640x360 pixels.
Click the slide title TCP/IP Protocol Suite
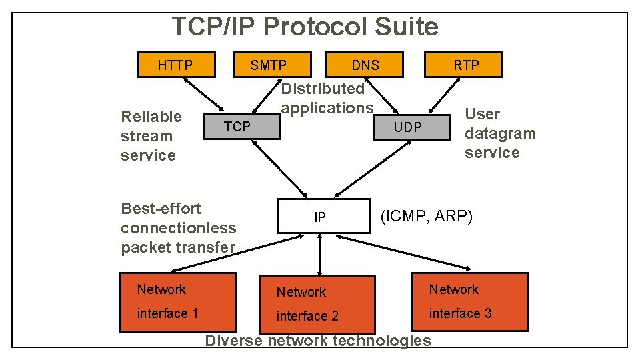click(x=305, y=27)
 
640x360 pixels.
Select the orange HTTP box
click(x=176, y=65)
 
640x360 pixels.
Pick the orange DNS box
click(x=365, y=65)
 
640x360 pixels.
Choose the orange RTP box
click(x=466, y=65)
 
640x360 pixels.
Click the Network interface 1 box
click(x=177, y=302)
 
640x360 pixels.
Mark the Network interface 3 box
click(x=469, y=302)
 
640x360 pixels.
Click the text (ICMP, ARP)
click(x=426, y=216)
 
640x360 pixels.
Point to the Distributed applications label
click(x=327, y=98)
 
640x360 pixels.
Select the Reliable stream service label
click(x=151, y=136)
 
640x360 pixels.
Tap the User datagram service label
click(x=500, y=133)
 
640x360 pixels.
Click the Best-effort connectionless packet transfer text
click(x=179, y=228)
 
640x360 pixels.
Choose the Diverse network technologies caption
click(x=318, y=341)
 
